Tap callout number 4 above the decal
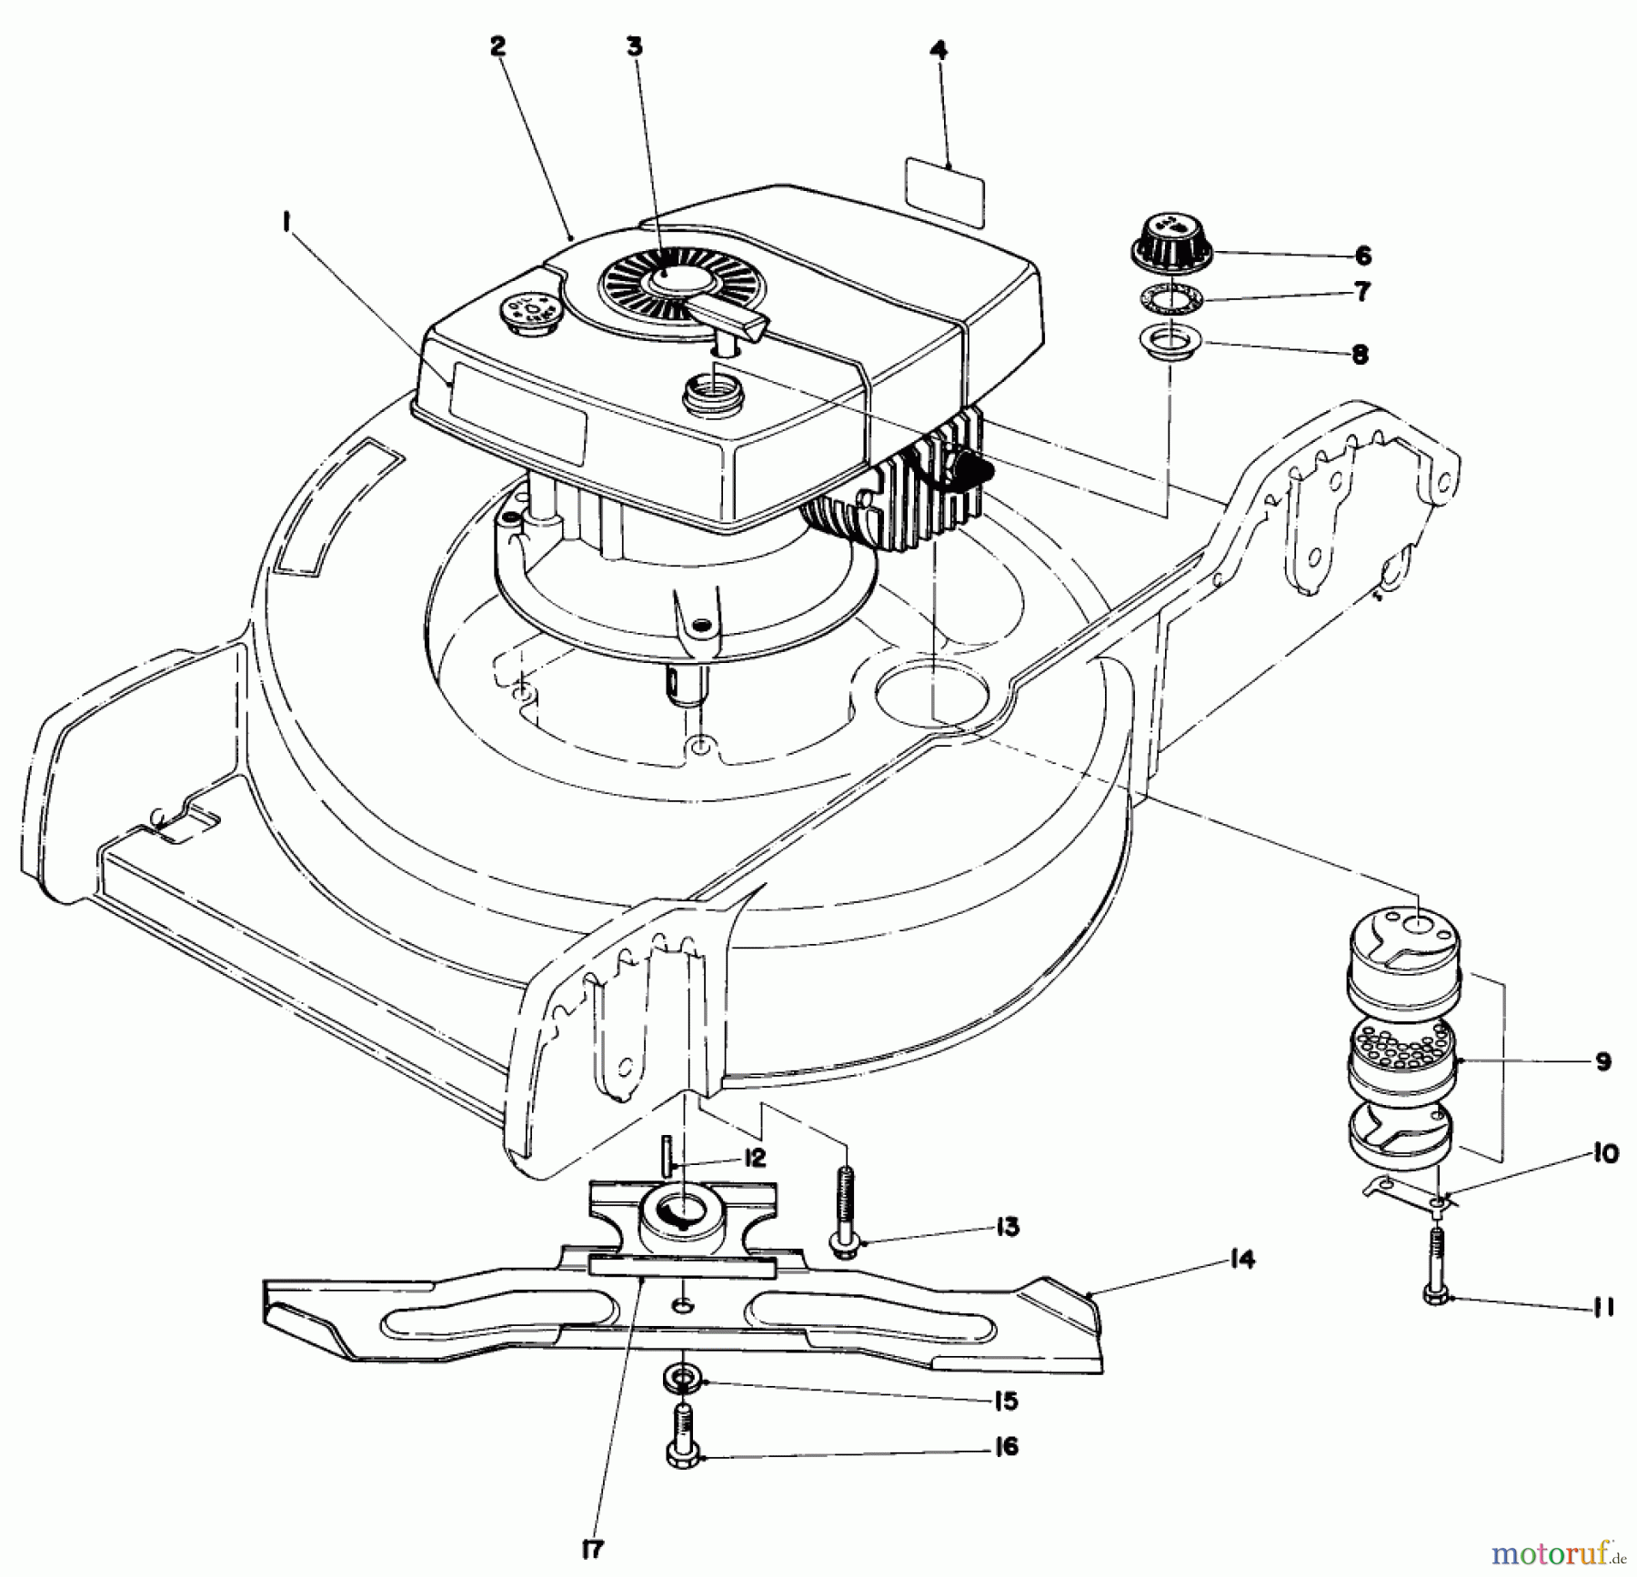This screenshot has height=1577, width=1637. (x=939, y=50)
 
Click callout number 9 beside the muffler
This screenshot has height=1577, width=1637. (x=1602, y=1061)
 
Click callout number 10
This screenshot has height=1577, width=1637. (x=1605, y=1153)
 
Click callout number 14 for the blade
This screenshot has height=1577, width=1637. (x=1241, y=1260)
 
